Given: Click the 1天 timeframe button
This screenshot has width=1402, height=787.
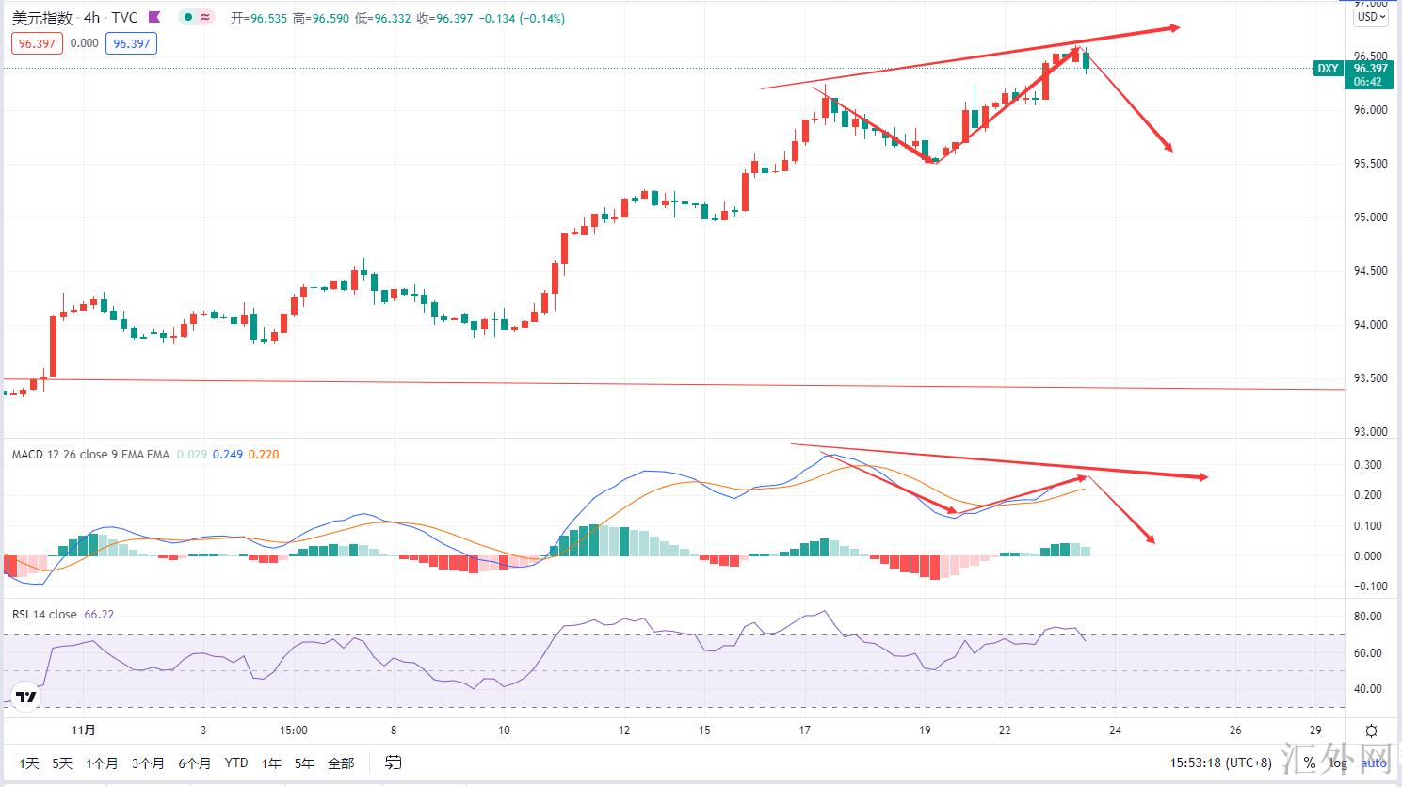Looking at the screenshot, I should [29, 763].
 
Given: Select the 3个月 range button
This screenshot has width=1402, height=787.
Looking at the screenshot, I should [148, 763].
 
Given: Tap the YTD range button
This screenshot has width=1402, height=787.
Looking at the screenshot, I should [236, 763].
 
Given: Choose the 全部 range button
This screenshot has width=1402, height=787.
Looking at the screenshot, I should [341, 763].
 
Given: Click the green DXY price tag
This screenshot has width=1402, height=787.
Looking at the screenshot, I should [1328, 69].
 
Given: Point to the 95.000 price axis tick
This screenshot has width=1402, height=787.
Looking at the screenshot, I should [1370, 217].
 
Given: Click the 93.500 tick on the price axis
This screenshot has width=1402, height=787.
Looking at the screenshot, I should [1370, 378].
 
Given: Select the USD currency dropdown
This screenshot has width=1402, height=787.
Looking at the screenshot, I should [1370, 17].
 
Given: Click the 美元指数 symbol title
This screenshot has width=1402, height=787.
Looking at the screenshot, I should [41, 18].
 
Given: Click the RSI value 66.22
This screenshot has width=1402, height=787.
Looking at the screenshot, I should [99, 615].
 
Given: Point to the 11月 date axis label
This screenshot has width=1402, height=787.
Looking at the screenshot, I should [84, 731].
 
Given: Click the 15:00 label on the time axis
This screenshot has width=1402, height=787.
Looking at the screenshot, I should [294, 731].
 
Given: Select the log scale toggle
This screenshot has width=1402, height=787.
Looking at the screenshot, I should [1338, 763].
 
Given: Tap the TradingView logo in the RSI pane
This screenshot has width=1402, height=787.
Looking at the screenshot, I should [26, 698].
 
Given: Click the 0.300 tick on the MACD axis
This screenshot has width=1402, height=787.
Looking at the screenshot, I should [1367, 465].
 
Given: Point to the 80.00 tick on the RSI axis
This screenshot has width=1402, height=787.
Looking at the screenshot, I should [1367, 618].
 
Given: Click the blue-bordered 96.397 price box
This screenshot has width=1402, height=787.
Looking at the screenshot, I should [131, 43].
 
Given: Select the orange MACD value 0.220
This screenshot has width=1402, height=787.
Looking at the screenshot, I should [265, 455].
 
